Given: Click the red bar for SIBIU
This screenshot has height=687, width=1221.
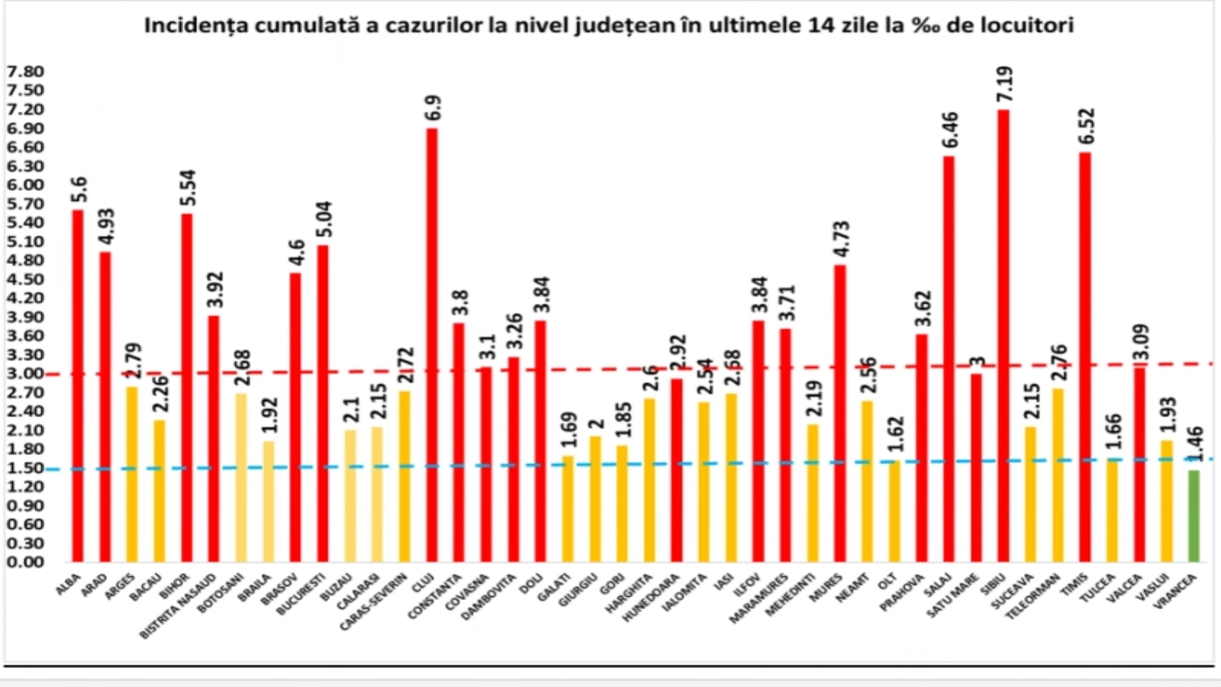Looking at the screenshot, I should (1003, 336).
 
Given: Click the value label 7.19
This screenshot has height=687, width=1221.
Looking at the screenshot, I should (1004, 84).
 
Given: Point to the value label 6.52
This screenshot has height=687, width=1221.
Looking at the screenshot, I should (1086, 127).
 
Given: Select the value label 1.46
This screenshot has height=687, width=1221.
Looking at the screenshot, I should (1195, 444).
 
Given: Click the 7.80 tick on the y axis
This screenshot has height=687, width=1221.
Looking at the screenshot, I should (25, 72).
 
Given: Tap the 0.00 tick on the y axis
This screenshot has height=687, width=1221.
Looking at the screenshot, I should (25, 562).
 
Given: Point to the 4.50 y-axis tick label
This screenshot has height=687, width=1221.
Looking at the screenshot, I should (25, 279).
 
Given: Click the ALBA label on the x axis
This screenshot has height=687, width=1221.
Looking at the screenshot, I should (68, 584).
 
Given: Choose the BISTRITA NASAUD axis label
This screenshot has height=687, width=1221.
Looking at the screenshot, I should (180, 607).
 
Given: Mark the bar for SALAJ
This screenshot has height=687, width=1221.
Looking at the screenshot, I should (949, 359).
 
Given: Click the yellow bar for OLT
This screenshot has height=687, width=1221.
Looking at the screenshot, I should (894, 511).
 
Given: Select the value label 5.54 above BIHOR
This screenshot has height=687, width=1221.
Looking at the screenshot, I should (188, 188).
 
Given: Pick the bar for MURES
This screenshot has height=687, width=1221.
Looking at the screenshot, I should (839, 413).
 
